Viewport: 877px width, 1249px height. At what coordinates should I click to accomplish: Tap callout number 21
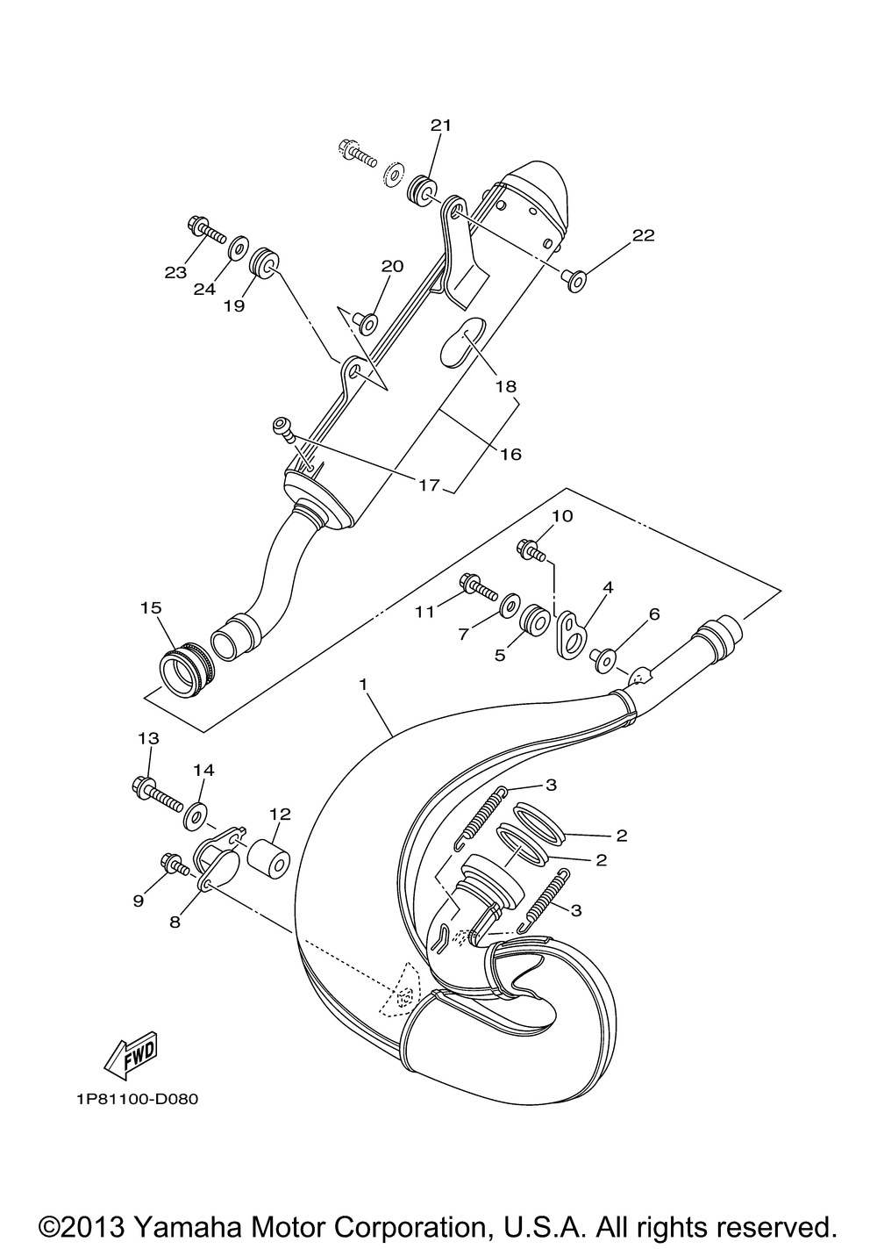440,126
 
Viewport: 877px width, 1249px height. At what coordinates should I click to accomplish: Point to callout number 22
643,235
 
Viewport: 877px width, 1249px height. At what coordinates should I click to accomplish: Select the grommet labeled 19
263,262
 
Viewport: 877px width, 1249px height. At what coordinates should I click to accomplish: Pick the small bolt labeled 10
532,551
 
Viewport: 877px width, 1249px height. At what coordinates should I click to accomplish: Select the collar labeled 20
367,323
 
